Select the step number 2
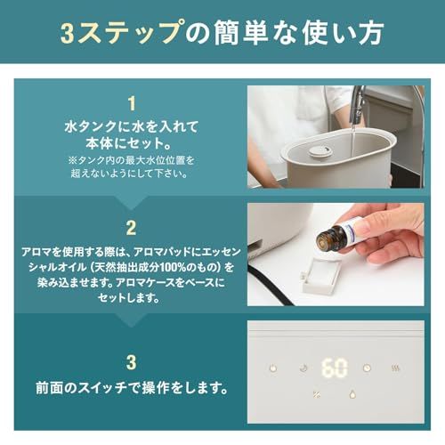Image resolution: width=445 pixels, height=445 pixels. pos(131,227)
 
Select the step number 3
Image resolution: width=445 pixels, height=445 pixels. pos(131,361)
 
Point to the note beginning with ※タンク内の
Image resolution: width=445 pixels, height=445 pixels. pos(131,166)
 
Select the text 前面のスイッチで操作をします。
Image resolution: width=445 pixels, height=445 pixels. pos(131,389)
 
